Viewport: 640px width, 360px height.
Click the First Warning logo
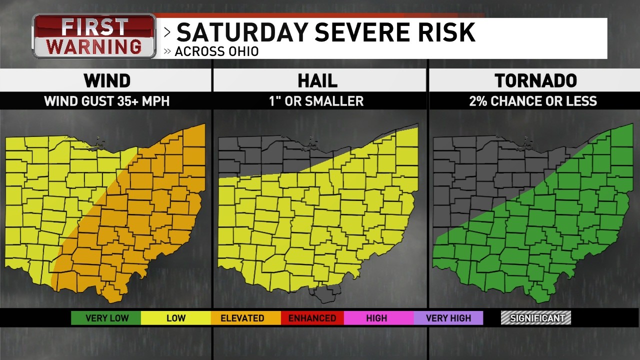94,36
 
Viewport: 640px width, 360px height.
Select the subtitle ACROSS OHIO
216,51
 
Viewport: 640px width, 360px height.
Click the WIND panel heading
107,80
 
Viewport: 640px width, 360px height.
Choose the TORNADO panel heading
535,80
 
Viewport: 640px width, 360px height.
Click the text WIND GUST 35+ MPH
107,101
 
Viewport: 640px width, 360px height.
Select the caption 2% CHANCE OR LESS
533,101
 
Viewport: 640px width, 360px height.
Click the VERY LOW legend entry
106,318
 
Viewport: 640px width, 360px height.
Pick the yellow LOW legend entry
175,318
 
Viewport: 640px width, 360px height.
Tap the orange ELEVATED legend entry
242,318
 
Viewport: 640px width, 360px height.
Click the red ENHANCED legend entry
312,318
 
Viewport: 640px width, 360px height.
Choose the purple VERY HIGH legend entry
448,318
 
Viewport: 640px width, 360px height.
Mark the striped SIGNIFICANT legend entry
536,318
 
